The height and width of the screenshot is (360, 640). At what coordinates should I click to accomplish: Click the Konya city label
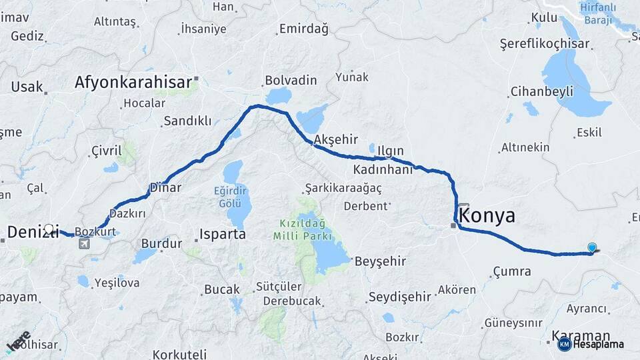487,216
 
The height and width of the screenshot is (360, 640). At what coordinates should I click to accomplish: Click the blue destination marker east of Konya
592,248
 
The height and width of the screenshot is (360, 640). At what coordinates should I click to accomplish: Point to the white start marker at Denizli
49,229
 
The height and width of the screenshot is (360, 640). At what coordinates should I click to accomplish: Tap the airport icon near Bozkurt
85,243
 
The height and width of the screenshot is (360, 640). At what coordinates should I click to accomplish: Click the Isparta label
223,235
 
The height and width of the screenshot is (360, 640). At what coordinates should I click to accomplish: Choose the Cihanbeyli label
541,91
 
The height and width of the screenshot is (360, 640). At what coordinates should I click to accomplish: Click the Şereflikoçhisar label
545,44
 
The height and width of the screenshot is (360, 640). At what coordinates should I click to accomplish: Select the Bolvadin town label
291,80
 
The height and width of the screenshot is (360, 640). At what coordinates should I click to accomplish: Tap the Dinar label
165,187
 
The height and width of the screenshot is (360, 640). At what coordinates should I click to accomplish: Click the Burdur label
162,244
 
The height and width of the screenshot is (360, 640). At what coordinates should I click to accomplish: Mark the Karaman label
581,335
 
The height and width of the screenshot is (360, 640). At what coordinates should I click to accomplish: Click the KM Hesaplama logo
591,344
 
